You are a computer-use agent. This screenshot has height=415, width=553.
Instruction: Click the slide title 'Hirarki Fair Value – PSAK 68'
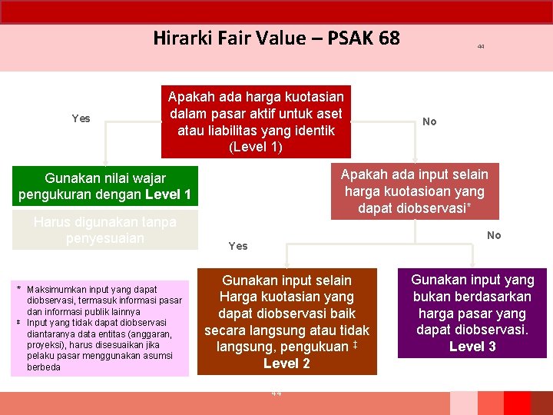[x=276, y=38]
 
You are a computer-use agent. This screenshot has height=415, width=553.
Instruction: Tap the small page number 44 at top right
[x=480, y=47]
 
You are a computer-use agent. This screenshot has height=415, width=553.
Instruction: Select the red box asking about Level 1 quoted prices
[x=256, y=121]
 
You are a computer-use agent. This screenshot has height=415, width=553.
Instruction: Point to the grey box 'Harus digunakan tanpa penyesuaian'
[x=105, y=230]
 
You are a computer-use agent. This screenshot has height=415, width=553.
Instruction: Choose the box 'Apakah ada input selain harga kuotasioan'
[x=414, y=191]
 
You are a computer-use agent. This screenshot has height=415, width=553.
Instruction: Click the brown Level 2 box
[x=286, y=321]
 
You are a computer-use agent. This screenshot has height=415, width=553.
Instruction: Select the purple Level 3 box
[x=472, y=313]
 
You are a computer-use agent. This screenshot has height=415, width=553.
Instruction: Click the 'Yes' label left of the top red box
[x=81, y=118]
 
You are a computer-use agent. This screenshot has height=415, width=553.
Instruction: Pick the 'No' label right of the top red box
[x=429, y=121]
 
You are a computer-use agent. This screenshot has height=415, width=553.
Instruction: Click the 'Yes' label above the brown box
[x=238, y=246]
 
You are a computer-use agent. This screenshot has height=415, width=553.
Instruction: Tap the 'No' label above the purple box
[x=494, y=235]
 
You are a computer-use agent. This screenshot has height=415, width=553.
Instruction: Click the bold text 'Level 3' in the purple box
[x=472, y=347]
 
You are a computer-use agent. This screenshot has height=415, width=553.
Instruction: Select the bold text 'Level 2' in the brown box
[x=286, y=364]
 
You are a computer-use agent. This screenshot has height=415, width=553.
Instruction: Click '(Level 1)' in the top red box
[x=256, y=147]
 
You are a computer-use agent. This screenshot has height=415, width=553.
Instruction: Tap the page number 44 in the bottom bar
[x=276, y=393]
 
